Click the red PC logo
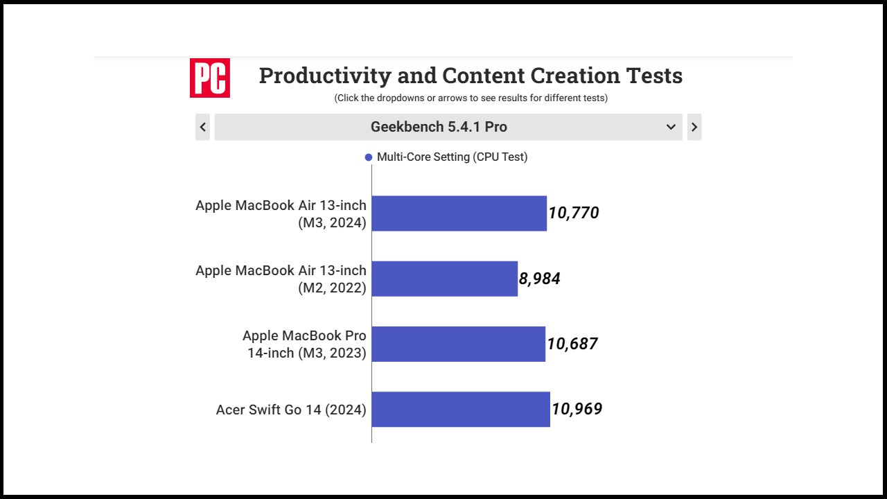coord(209,78)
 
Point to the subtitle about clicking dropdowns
coord(471,98)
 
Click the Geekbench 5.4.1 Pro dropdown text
coord(439,127)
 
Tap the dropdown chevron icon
coord(671,127)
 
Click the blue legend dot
coord(369,157)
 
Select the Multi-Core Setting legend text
coord(452,157)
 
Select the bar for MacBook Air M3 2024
coord(459,213)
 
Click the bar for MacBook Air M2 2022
coord(444,279)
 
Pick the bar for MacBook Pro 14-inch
coord(458,344)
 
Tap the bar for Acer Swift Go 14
coord(461,409)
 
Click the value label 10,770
coord(574,213)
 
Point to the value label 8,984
coord(540,279)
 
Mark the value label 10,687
coord(572,344)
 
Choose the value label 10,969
coord(577,409)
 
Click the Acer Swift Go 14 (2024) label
coord(291,410)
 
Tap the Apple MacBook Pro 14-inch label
coord(305,344)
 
